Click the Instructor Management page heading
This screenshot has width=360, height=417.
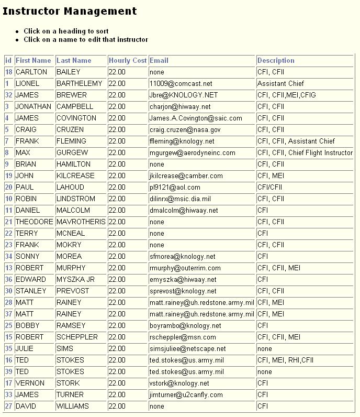(70, 11)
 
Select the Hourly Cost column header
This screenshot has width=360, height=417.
(127, 61)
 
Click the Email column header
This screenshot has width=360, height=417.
(159, 61)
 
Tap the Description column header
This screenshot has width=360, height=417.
(276, 61)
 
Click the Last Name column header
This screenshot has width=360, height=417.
(74, 61)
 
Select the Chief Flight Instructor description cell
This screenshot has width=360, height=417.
(305, 153)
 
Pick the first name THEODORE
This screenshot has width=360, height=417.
(34, 222)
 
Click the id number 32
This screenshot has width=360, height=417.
(8, 95)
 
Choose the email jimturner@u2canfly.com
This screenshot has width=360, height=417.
(186, 395)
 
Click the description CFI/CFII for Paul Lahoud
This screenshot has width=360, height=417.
(271, 188)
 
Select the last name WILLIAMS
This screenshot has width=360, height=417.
(72, 407)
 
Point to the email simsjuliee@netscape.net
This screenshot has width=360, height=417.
(187, 349)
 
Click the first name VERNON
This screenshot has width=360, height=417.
(30, 383)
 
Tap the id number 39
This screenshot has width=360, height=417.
(8, 372)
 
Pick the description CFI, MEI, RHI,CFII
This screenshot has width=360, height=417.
(285, 360)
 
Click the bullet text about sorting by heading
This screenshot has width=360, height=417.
(66, 31)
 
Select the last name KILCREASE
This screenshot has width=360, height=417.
(75, 176)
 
